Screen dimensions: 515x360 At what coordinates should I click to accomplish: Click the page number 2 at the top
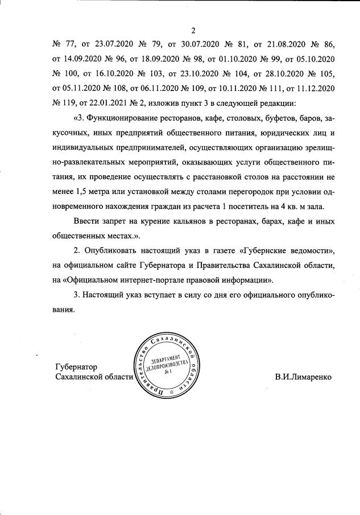(x=194, y=30)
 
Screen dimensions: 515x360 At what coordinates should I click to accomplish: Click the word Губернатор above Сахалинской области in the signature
(x=76, y=366)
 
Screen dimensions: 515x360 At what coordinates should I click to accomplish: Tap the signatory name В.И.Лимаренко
(x=302, y=377)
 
